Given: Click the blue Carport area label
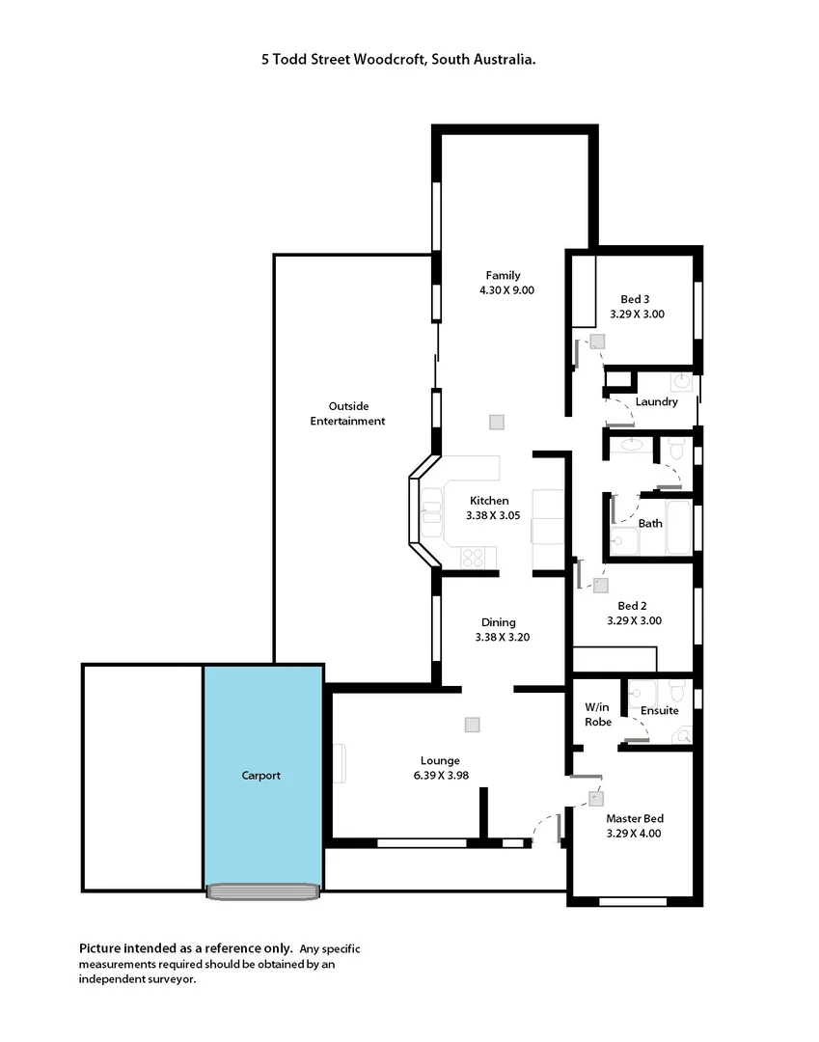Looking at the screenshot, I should point(261,776).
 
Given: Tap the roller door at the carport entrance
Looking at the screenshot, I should point(262,891).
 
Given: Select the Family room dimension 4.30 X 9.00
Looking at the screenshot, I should point(506,289).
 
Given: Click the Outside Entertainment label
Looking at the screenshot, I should point(347,413).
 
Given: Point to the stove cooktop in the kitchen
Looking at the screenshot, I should point(474,557).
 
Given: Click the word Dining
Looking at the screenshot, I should point(499,622).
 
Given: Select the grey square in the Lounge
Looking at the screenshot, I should point(472,724).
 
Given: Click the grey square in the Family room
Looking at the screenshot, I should point(496,422).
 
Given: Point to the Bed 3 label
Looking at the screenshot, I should point(635,298).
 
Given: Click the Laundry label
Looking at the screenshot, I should point(656,401).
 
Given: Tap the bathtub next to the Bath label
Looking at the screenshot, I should point(679,527).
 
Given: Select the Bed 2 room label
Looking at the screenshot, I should point(633,606).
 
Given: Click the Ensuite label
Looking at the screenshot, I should point(660,710).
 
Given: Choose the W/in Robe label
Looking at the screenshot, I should point(598,714).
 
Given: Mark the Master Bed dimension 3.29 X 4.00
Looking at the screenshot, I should point(634,833).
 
